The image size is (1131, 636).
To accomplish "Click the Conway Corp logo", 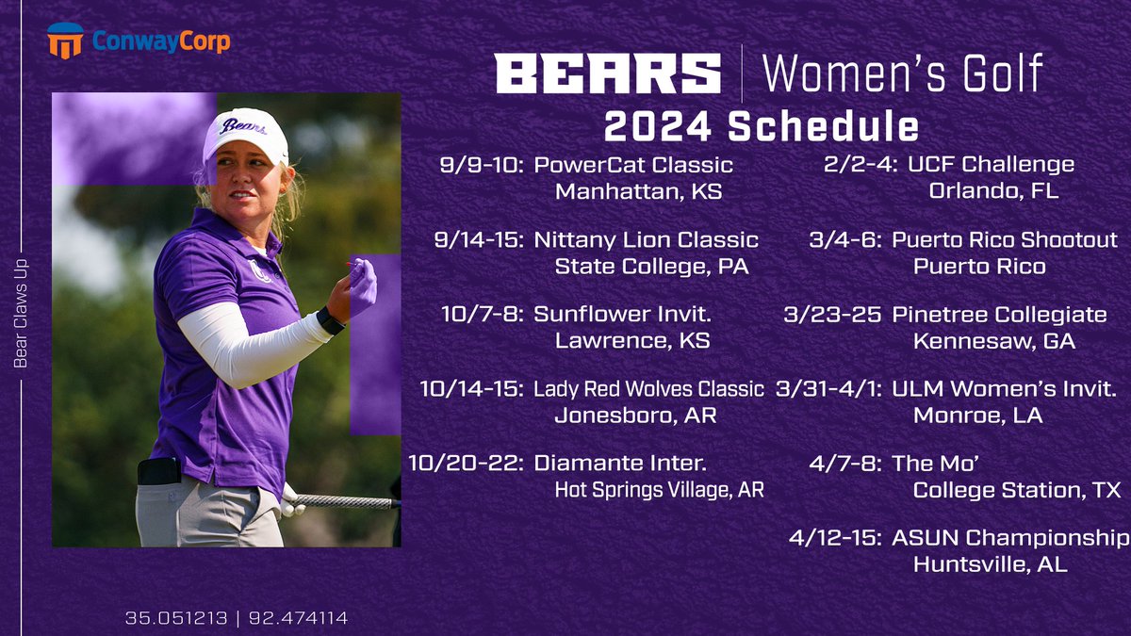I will pyautogui.click(x=138, y=41).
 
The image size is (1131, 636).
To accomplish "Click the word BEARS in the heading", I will pyautogui.click(x=608, y=73).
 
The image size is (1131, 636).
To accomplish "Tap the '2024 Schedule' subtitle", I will pyautogui.click(x=762, y=127).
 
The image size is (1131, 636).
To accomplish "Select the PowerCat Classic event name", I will pyautogui.click(x=633, y=165).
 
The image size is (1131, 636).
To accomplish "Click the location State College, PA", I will pyautogui.click(x=651, y=267).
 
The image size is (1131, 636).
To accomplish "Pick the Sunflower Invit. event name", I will pyautogui.click(x=622, y=315).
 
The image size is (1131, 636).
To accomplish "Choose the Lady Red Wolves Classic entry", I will pyautogui.click(x=648, y=389).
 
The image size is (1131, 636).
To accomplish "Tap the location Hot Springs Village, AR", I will pyautogui.click(x=659, y=490).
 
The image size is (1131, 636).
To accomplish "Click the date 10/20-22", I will pyautogui.click(x=466, y=464).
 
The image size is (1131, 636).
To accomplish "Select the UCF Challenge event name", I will pyautogui.click(x=991, y=165).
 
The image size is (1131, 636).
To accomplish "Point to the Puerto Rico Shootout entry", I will pyautogui.click(x=1005, y=240).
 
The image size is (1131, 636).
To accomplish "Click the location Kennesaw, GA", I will pyautogui.click(x=994, y=341).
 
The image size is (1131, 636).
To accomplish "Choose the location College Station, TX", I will pyautogui.click(x=1017, y=490).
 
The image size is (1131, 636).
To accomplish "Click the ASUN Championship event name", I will pyautogui.click(x=1010, y=538).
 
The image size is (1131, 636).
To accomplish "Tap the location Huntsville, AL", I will pyautogui.click(x=990, y=565).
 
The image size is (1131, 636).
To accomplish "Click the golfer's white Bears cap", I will pyautogui.click(x=245, y=132).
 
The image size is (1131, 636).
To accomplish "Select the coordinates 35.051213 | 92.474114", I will pyautogui.click(x=237, y=619).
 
